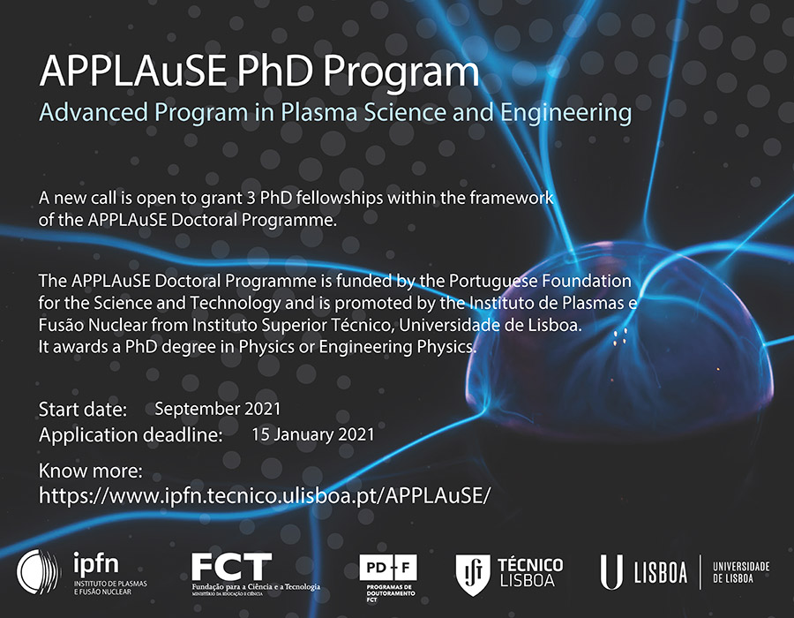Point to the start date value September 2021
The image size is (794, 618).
(x=217, y=409)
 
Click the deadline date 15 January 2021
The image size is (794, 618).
(x=312, y=434)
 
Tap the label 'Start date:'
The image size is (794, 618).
(x=83, y=410)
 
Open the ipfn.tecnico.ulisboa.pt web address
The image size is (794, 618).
(x=264, y=494)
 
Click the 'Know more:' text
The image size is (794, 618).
(x=91, y=470)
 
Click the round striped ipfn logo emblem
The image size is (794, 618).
(x=40, y=571)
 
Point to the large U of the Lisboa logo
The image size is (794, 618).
(x=611, y=572)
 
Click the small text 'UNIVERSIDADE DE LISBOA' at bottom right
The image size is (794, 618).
(x=741, y=572)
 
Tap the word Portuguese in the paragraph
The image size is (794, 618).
(x=492, y=281)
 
